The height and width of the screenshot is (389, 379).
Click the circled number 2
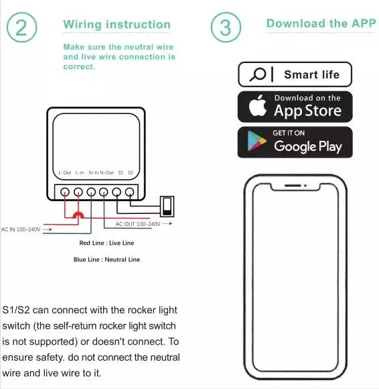tap(22, 27)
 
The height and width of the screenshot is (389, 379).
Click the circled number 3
tap(226, 27)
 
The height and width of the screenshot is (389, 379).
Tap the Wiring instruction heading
tap(117, 25)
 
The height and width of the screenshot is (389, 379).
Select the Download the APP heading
tap(321, 23)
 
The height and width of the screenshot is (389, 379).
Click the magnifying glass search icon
tap(258, 74)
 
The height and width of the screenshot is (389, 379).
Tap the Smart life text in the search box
tap(311, 74)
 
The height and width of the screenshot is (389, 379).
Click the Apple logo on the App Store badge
tap(258, 105)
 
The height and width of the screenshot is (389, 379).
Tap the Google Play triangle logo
tap(256, 141)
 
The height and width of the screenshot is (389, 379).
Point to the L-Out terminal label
tap(65, 172)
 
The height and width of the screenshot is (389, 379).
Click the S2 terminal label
tap(131, 172)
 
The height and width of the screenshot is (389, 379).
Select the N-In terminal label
tap(94, 172)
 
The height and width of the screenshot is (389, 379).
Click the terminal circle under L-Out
tap(65, 192)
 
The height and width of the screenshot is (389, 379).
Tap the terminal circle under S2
tap(129, 192)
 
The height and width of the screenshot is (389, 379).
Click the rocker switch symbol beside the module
tap(167, 207)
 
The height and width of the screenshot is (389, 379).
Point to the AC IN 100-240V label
tap(21, 229)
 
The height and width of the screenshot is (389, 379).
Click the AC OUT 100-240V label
tap(138, 224)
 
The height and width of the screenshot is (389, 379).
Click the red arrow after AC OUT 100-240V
tap(167, 223)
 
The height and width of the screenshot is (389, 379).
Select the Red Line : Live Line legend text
tap(106, 243)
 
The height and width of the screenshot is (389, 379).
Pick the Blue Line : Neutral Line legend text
tap(106, 260)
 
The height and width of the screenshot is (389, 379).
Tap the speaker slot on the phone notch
tap(293, 185)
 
